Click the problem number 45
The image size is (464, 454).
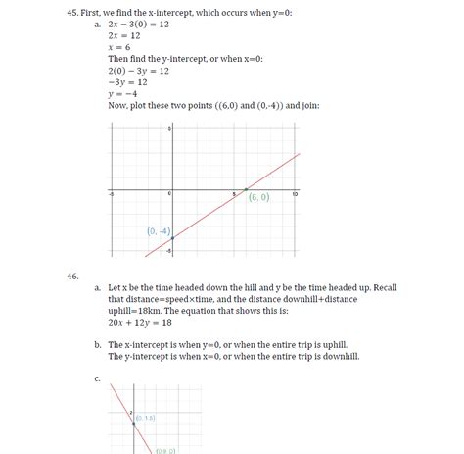[73, 12]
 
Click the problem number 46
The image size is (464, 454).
[73, 277]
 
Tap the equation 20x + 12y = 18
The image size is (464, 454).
[141, 322]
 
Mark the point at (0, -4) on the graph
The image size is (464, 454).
[172, 238]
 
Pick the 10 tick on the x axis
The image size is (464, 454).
[294, 194]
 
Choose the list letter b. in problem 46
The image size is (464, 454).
[98, 345]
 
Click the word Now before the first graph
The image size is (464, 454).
[118, 106]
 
